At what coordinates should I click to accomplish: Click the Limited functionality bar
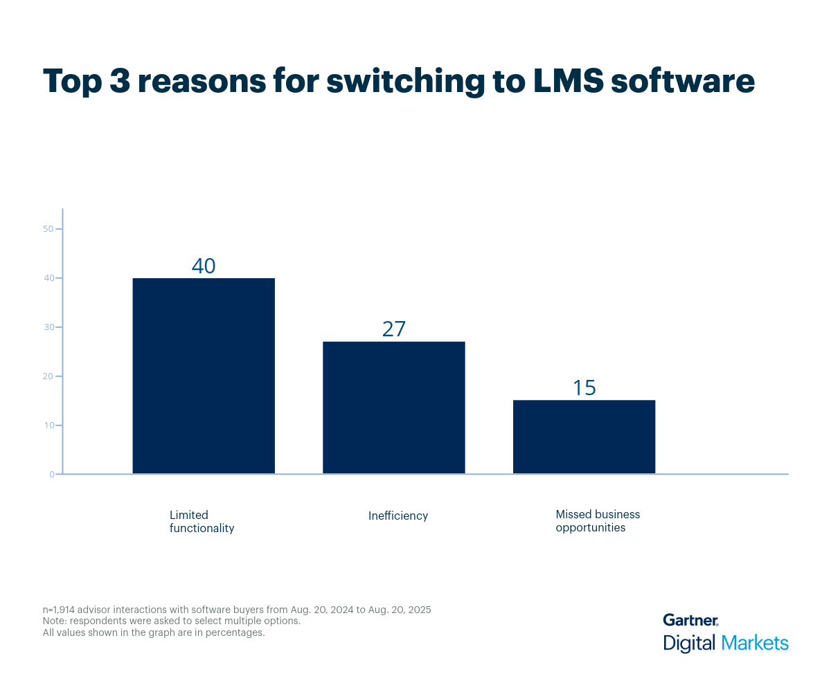204,376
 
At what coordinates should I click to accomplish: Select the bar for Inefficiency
394,408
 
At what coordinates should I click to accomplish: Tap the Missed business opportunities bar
584,437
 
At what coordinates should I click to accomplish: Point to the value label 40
204,266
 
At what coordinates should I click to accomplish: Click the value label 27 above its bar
394,329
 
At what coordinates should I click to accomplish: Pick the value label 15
584,388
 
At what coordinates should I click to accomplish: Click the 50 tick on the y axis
48,229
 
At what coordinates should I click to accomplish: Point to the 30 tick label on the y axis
48,327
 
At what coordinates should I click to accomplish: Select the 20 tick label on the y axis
48,376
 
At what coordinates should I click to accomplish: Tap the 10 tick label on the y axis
48,426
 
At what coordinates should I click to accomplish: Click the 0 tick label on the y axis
51,475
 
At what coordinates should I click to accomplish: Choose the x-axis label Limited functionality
202,522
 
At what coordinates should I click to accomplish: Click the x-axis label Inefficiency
398,516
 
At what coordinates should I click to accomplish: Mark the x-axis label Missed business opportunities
598,521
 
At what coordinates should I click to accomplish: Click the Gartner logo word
690,620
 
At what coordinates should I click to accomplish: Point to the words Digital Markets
726,643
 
